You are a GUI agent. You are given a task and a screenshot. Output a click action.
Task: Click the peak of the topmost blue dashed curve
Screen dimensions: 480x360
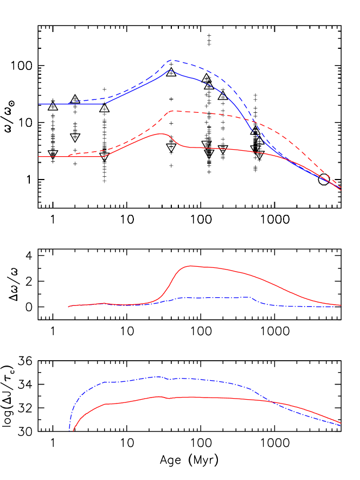tap(172, 60)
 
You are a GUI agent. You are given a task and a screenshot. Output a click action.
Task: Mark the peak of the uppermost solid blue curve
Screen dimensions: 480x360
tap(170, 70)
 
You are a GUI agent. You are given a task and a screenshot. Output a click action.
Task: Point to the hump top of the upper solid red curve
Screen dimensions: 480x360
tap(161, 133)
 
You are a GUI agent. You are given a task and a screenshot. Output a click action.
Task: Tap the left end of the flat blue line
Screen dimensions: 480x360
tap(38, 104)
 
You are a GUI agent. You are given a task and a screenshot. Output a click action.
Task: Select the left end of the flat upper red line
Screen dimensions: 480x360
tap(38, 157)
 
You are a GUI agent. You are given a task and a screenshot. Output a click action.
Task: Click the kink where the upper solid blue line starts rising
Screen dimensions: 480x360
tap(104, 104)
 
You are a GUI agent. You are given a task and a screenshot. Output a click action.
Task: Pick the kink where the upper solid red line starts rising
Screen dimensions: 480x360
tap(104, 156)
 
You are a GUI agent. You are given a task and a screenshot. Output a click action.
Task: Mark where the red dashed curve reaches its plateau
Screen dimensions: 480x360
tap(172, 111)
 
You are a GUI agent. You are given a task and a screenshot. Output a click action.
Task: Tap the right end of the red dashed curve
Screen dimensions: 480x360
tap(340, 186)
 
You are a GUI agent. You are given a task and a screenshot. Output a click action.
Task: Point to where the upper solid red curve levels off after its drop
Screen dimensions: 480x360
tap(190, 146)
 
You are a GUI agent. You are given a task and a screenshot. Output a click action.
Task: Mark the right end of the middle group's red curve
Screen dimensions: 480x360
tap(340, 305)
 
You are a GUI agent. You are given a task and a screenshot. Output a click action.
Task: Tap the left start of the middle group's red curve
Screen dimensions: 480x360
tap(68, 307)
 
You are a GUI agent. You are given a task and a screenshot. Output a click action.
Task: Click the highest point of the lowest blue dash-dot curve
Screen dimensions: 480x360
tap(158, 376)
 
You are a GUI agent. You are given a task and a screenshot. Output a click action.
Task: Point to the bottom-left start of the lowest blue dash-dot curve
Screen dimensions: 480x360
tap(70, 430)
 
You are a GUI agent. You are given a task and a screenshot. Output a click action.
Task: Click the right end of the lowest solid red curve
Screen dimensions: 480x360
tap(340, 423)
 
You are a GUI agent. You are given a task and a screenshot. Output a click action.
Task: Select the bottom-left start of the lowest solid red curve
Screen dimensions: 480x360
tap(73, 432)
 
